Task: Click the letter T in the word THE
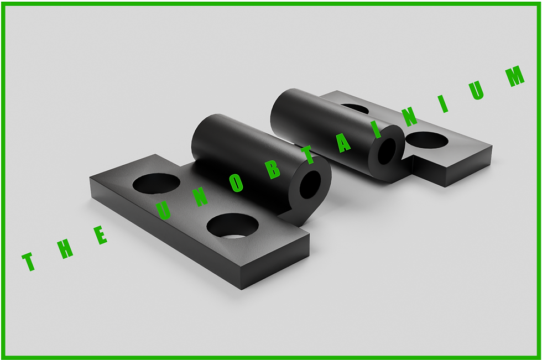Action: point(29,262)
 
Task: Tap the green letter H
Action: point(65,248)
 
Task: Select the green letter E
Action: point(99,235)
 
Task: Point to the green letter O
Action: point(237,182)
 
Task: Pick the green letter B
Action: point(273,169)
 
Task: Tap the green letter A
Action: point(343,143)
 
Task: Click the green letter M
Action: point(515,76)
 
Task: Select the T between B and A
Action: point(308,155)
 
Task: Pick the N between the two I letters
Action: point(409,117)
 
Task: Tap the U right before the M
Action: point(477,90)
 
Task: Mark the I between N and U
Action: point(443,103)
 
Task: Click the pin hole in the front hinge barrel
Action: point(310,185)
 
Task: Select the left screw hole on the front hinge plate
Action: point(156,184)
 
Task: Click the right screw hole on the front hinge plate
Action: point(232,226)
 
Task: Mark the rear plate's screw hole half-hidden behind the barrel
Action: point(356,108)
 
